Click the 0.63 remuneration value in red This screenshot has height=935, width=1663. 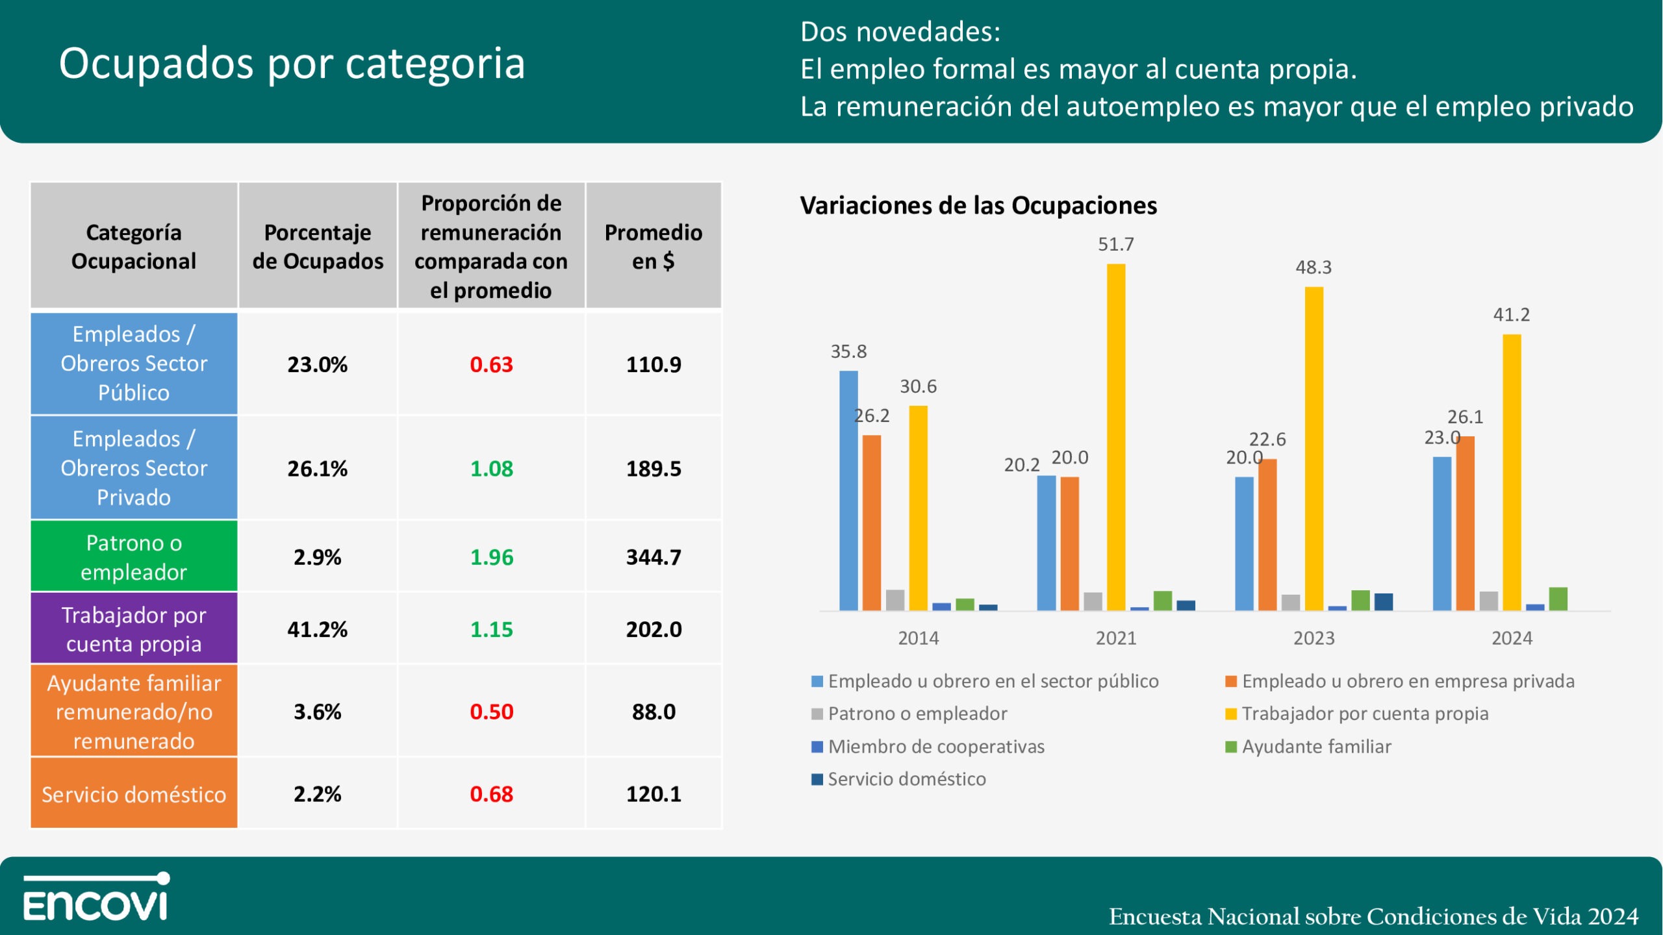[491, 364]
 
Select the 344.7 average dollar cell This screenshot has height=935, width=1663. [654, 557]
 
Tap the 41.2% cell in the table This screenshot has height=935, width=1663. [317, 629]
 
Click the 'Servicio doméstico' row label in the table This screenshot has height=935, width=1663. [134, 794]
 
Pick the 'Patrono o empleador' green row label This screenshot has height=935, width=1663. [134, 557]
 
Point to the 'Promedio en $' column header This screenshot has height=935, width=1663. [654, 246]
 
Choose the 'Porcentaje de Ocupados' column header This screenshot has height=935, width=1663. [318, 246]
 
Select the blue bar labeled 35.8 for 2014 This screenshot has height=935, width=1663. [848, 490]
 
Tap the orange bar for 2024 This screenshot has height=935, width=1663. [1465, 523]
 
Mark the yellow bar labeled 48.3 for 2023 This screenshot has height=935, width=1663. [1314, 448]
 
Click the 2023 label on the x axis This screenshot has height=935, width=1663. [1314, 638]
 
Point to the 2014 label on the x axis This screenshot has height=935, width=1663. [918, 638]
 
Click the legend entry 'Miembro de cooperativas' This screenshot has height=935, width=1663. [935, 747]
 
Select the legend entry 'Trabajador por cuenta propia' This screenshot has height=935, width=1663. [1364, 714]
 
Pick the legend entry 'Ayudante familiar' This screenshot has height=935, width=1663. [1316, 747]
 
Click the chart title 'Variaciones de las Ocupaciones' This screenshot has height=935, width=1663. [978, 205]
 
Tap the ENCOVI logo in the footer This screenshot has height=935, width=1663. [96, 897]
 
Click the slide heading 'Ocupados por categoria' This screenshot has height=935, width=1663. [292, 64]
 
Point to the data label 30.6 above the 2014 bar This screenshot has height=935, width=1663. [918, 386]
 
